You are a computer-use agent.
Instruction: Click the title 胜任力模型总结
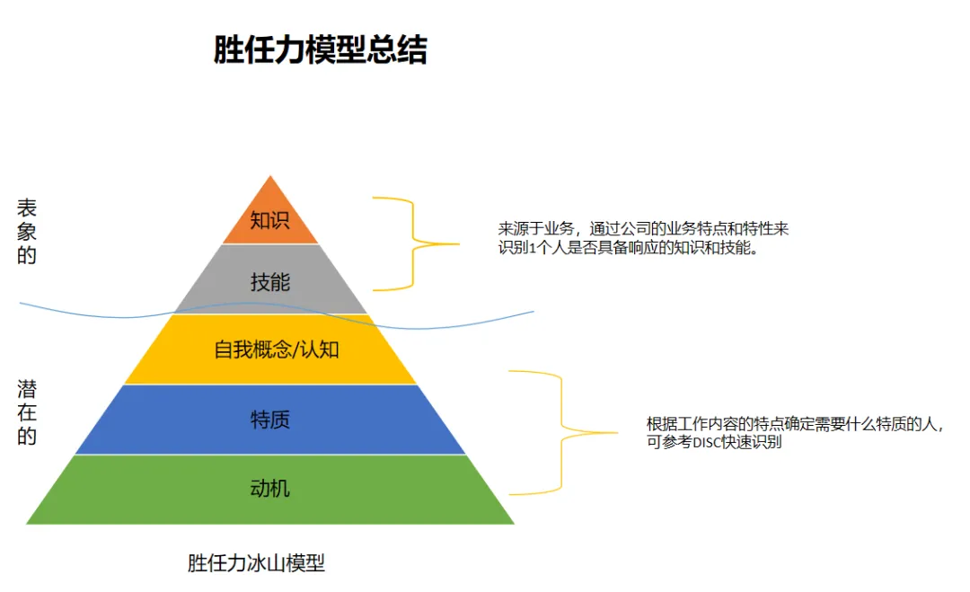(x=320, y=50)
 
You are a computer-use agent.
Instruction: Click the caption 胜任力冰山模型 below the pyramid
(x=256, y=563)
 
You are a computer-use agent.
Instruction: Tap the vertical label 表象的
(x=27, y=232)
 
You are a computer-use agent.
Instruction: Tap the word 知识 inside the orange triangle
(x=269, y=221)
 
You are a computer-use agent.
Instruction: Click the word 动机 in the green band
(x=269, y=490)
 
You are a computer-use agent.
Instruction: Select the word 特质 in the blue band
(x=269, y=420)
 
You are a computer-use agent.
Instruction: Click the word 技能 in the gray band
(x=269, y=282)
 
